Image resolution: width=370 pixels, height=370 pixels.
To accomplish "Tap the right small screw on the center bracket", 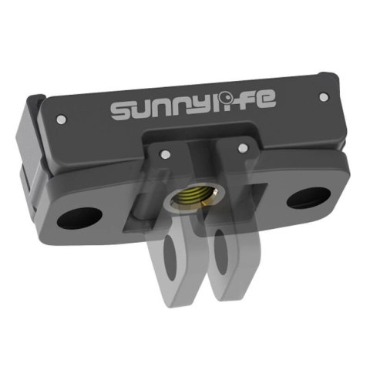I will pos(242,146).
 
